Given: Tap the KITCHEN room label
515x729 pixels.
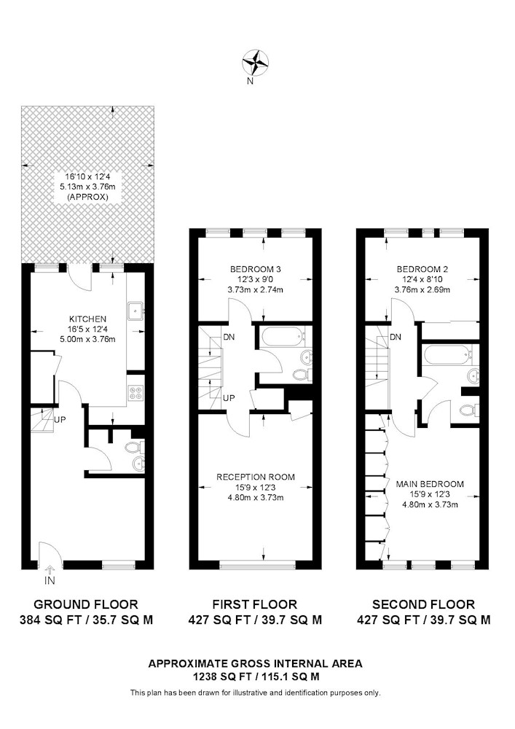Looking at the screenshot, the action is tap(87, 319).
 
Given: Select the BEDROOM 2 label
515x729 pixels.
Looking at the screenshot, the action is tap(422, 269).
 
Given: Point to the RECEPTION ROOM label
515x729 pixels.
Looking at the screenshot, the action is tap(256, 477).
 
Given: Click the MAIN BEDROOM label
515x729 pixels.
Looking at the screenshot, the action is tap(430, 484).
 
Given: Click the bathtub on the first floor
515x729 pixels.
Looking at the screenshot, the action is tap(280, 337).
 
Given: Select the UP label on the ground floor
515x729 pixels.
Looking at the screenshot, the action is tap(60, 419).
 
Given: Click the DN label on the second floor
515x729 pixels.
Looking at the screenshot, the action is tap(396, 337).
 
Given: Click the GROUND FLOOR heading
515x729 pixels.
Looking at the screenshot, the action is tap(86, 604).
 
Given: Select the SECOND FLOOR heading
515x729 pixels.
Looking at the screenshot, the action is tap(423, 604).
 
